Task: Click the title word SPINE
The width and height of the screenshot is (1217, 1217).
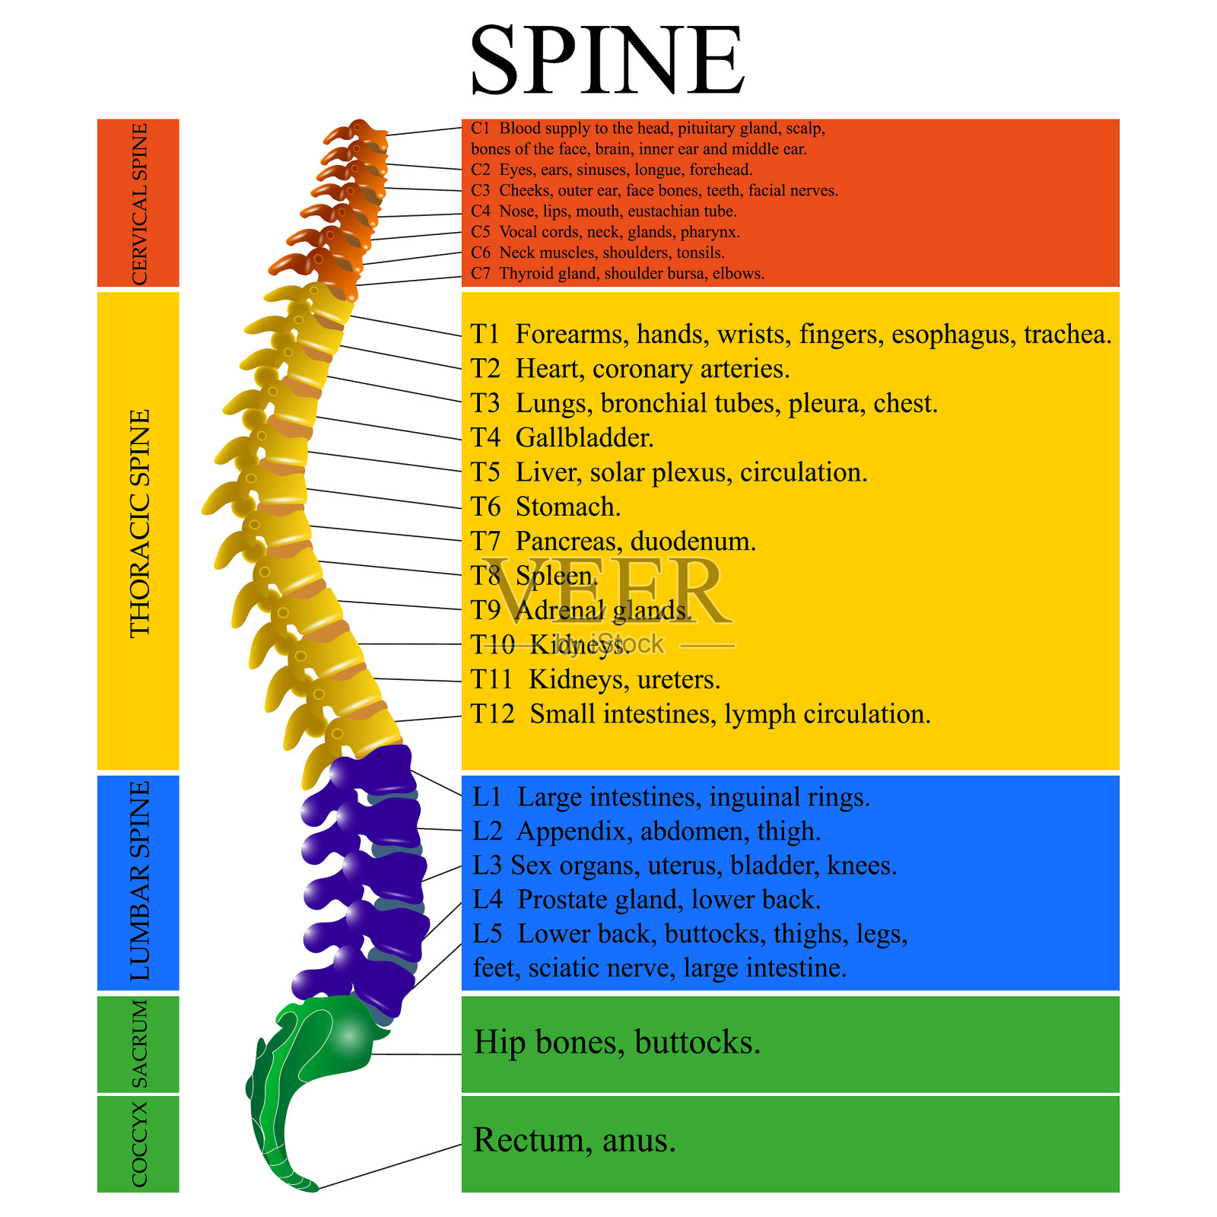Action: point(606,61)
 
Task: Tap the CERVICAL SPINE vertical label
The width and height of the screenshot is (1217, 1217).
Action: point(139,204)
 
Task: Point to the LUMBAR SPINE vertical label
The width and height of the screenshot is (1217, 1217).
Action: point(140,881)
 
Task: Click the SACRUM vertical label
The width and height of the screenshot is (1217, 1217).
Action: point(139,1044)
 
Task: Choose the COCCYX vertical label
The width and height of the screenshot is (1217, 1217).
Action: point(139,1143)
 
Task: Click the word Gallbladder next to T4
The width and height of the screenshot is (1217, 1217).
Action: point(584,438)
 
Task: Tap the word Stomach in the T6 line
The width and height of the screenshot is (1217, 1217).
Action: point(567,507)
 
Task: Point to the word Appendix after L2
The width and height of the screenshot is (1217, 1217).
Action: point(570,831)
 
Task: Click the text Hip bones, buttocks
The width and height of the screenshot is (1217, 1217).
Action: point(617,1043)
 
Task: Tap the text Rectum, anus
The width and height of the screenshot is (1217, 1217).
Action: point(574,1140)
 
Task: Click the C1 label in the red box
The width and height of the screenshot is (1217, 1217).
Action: point(480,129)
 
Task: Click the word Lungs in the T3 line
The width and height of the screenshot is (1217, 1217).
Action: point(551,404)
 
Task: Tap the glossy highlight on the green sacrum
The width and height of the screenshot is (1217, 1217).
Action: point(349,1034)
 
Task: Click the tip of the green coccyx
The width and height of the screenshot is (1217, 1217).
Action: point(314,1187)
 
